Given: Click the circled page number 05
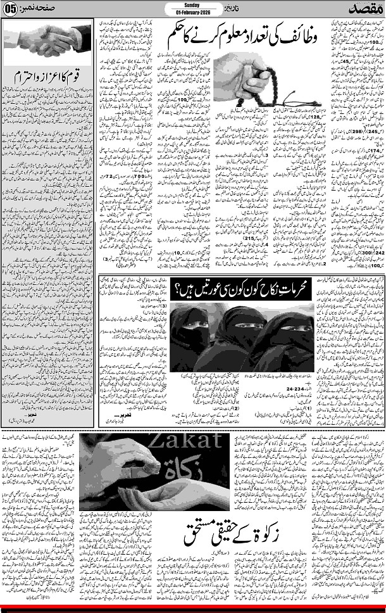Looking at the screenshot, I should pyautogui.click(x=11, y=10).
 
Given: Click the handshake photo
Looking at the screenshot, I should pyautogui.click(x=48, y=43).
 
